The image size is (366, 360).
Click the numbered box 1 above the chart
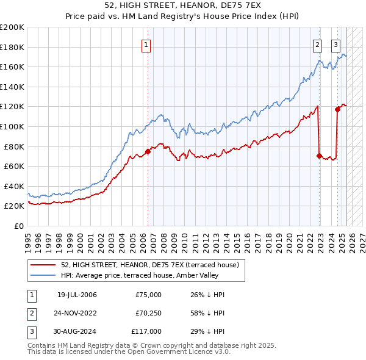147,44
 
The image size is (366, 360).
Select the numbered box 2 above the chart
318,44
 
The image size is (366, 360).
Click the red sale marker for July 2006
148,151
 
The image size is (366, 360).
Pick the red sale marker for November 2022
319,156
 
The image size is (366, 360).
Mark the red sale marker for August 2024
337,109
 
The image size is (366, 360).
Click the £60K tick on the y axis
13,166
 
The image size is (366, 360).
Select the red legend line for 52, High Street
43,264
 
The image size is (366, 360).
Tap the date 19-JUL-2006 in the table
77,295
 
